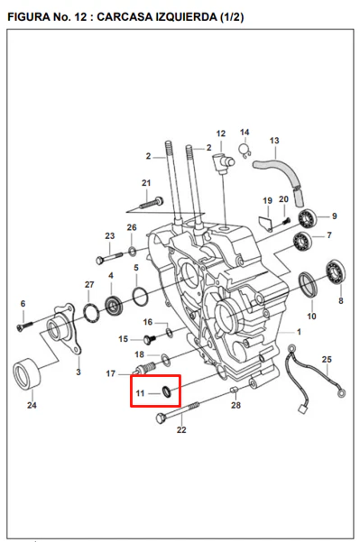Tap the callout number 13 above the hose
click(274, 141)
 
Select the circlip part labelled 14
click(245, 150)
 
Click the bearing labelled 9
click(308, 218)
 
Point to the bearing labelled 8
click(336, 271)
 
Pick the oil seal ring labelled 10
click(309, 284)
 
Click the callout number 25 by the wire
click(327, 360)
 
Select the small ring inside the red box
click(167, 392)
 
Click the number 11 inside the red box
click(140, 393)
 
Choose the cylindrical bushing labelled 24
click(27, 374)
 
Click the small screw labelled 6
click(24, 326)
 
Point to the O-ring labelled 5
click(141, 297)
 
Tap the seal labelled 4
click(114, 305)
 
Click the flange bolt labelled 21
click(152, 203)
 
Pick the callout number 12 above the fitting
click(221, 133)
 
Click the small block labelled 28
click(235, 390)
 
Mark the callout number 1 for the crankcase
click(299, 332)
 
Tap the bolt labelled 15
click(150, 339)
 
